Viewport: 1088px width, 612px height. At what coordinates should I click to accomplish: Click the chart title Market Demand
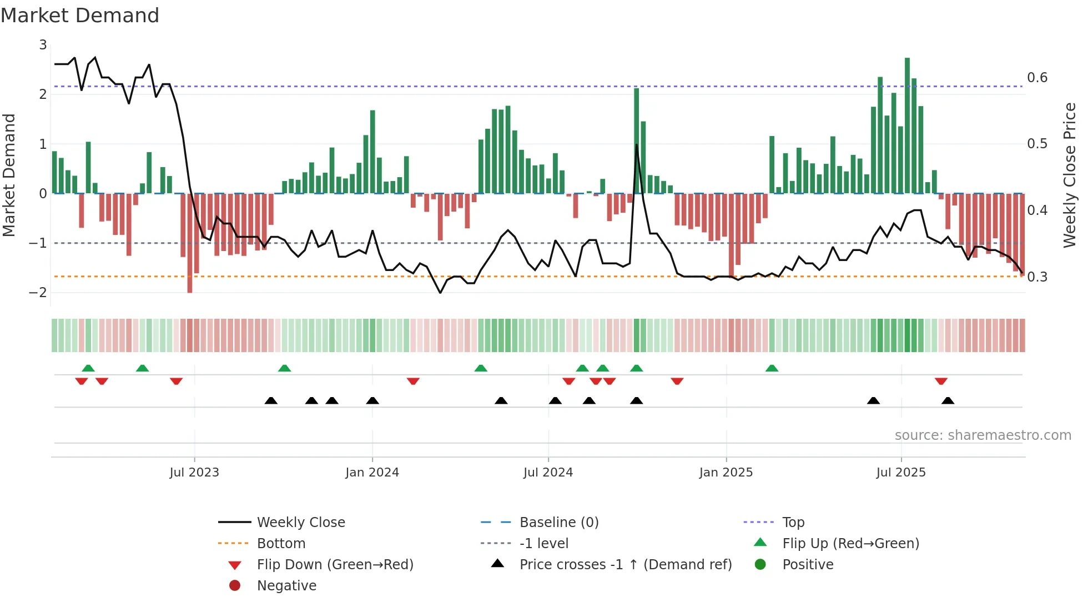(x=80, y=16)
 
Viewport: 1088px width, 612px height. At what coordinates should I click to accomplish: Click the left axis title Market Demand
(x=9, y=175)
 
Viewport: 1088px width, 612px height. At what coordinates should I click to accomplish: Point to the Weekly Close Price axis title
(x=1069, y=175)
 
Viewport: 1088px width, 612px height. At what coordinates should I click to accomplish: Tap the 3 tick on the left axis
(x=43, y=45)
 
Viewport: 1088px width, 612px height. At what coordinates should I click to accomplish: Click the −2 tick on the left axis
(x=39, y=293)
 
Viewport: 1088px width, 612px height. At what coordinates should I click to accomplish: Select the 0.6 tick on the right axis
(x=1037, y=78)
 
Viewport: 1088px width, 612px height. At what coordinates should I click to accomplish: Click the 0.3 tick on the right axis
(x=1037, y=277)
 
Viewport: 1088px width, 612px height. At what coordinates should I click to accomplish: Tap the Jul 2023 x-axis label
(x=194, y=473)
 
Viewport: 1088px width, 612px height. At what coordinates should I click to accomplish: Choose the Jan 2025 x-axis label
(x=726, y=473)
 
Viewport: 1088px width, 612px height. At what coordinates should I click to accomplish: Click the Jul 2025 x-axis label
(x=901, y=473)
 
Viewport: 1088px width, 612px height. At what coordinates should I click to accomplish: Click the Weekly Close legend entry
(x=300, y=523)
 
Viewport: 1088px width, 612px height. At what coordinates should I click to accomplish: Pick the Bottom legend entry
(x=281, y=544)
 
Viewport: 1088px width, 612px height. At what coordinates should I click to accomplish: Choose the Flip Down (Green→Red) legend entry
(x=335, y=565)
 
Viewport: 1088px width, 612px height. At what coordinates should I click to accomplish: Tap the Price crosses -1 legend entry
(x=625, y=565)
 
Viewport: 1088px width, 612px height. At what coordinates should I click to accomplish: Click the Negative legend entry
(x=286, y=586)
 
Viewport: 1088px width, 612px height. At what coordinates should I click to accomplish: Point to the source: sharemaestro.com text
(x=983, y=435)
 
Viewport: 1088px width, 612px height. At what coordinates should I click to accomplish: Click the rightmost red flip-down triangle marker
(x=940, y=382)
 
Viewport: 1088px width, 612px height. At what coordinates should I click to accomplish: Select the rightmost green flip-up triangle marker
(x=772, y=368)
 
